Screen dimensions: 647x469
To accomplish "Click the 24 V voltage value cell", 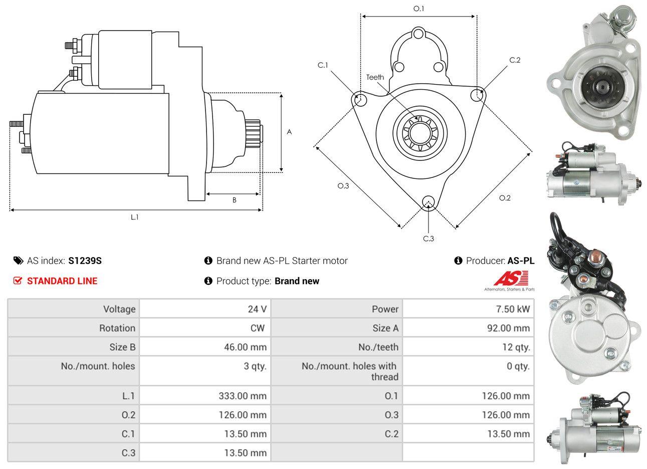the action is click(x=257, y=309).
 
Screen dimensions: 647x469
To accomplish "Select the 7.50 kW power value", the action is click(x=513, y=309).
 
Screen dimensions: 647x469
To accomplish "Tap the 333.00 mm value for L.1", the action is click(x=243, y=396).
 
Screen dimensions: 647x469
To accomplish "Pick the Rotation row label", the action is click(x=117, y=328).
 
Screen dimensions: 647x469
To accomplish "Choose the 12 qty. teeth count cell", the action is click(x=516, y=347).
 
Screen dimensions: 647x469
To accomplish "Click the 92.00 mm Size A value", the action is click(x=508, y=328).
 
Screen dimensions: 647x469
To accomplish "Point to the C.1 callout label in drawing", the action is click(x=323, y=65).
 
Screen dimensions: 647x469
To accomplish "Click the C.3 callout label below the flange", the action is click(x=428, y=239).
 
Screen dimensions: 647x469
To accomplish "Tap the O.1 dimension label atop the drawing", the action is click(x=418, y=9).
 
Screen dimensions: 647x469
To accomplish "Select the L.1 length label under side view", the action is click(x=135, y=217).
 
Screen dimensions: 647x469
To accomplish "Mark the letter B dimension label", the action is click(x=234, y=200).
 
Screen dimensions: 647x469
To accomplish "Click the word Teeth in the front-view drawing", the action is click(x=375, y=77).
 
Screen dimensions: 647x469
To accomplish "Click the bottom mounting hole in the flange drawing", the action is click(x=428, y=202).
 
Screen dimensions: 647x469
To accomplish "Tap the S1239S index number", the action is click(x=85, y=261).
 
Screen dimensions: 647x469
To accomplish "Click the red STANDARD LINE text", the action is click(x=62, y=281).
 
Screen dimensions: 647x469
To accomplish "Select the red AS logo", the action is click(x=511, y=279).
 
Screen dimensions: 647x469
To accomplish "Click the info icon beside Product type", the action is click(x=208, y=281).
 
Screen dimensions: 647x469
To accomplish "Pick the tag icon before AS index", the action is click(x=19, y=261).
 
